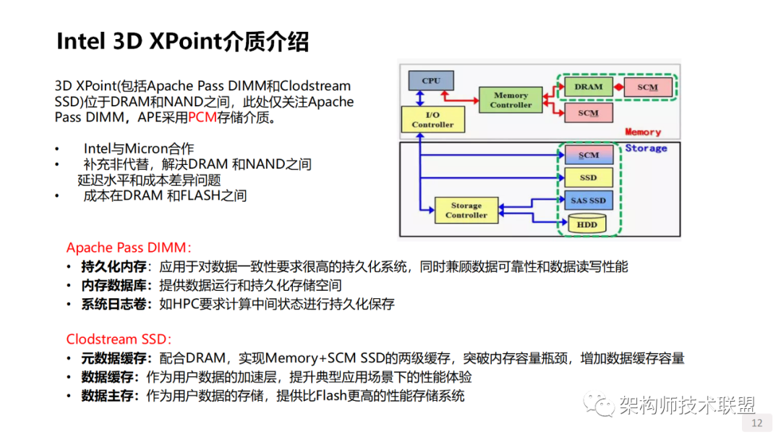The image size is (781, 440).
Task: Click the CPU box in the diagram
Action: point(430,80)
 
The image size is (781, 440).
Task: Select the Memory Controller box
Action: point(511,100)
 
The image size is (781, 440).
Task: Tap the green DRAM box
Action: point(588,87)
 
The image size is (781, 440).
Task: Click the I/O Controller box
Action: point(432,119)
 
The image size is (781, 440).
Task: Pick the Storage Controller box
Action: point(466,211)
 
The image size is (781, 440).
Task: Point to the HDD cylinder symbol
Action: point(587,224)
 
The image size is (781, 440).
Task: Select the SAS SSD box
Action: point(587,200)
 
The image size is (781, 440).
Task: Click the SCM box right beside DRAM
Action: point(648,87)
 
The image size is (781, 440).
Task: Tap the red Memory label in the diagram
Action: point(643,132)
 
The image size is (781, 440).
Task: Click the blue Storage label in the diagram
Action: point(646,148)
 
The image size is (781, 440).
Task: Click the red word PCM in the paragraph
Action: point(202,117)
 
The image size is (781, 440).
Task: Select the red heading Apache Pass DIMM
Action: point(129,247)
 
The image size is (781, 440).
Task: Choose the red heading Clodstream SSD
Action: point(119,339)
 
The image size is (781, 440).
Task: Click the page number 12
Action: point(757,423)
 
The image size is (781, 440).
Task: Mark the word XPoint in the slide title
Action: point(184,41)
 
